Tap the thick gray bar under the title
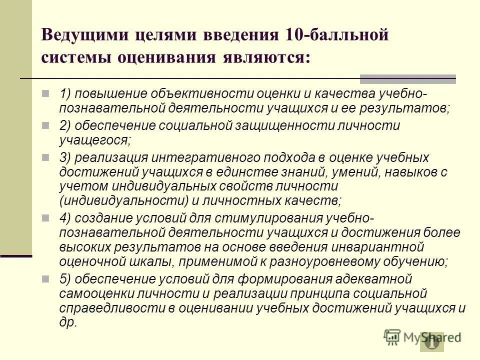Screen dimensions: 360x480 tap(408, 79)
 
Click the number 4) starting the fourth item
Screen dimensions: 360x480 tap(66, 218)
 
